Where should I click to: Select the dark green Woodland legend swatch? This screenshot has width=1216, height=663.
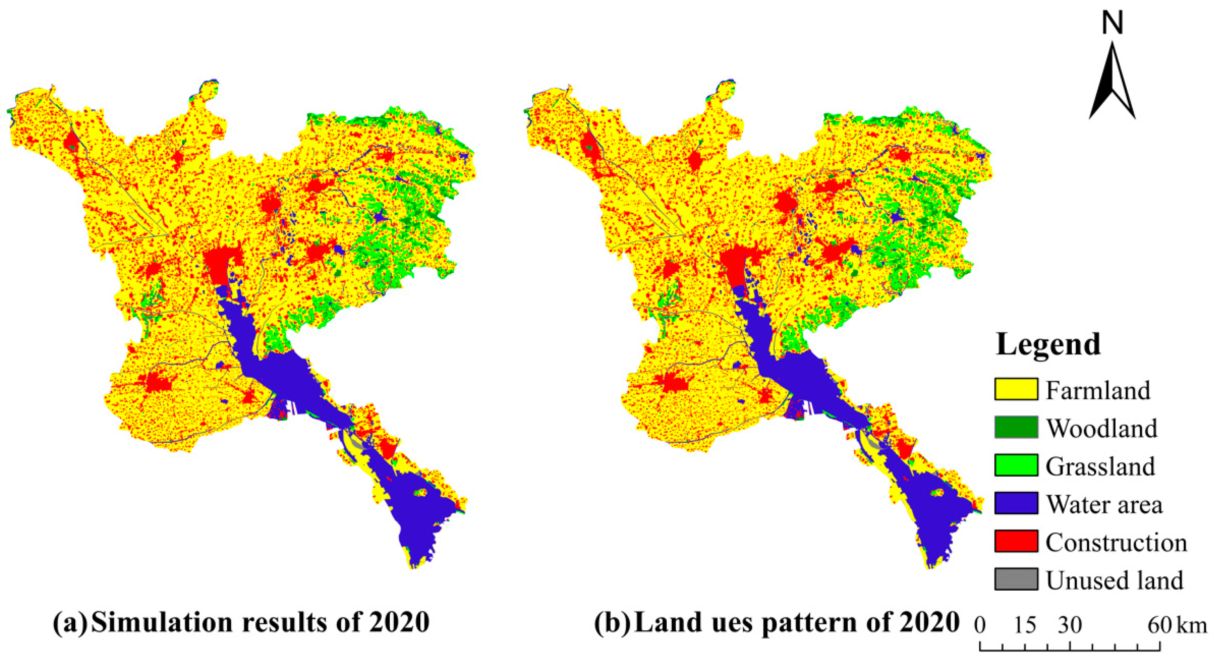pyautogui.click(x=1016, y=427)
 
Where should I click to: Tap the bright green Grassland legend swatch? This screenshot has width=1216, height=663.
pyautogui.click(x=1016, y=465)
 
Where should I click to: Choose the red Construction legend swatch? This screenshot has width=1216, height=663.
pyautogui.click(x=1016, y=541)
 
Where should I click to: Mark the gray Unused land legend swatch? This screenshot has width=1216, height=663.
pyautogui.click(x=1016, y=580)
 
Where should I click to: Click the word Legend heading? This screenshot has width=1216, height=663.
pyautogui.click(x=1048, y=345)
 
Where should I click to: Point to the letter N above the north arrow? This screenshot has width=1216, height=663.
pyautogui.click(x=1112, y=24)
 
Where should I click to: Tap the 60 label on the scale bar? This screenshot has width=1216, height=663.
pyautogui.click(x=1160, y=626)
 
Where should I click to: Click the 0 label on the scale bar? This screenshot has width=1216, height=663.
pyautogui.click(x=980, y=626)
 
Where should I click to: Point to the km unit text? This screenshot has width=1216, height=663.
pyautogui.click(x=1192, y=626)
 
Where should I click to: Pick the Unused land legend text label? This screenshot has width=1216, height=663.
pyautogui.click(x=1114, y=580)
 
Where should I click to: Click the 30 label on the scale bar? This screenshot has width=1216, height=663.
pyautogui.click(x=1069, y=626)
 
